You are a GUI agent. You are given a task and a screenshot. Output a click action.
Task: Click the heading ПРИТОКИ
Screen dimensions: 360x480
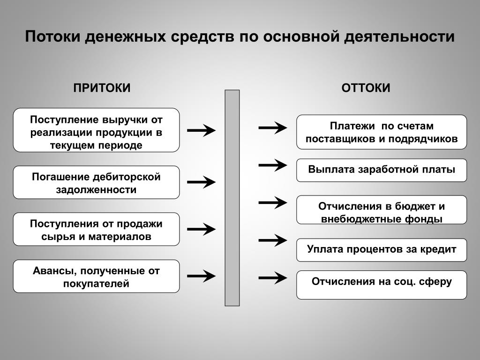pos(102,88)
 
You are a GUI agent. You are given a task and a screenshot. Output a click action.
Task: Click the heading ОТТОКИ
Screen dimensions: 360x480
pos(366,88)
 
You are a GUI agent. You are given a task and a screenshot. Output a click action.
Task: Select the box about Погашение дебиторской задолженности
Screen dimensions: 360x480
pos(96,182)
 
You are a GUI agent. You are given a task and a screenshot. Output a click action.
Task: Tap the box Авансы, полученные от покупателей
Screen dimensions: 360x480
pos(96,277)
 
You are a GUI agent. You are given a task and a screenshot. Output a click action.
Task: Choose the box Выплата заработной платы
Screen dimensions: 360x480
pos(382,170)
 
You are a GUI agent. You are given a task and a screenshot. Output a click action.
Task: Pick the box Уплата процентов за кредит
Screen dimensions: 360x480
pos(382,249)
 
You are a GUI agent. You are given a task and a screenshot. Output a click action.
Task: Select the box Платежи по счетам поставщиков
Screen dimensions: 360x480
pos(382,132)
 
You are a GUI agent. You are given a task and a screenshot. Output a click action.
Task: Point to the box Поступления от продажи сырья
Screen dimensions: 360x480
pos(96,229)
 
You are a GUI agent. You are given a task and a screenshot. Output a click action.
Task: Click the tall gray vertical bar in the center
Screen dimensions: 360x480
pos(232,197)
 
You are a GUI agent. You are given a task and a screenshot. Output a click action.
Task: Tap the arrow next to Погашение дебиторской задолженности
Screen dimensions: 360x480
pos(201,182)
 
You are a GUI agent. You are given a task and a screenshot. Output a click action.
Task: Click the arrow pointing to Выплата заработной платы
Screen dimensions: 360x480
pos(273,165)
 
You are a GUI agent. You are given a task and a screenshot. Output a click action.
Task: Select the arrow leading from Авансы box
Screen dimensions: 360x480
pos(201,276)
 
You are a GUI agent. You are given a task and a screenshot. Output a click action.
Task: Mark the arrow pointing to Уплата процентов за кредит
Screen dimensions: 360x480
pos(273,240)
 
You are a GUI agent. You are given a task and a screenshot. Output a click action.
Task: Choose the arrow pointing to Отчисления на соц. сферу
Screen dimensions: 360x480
pos(273,278)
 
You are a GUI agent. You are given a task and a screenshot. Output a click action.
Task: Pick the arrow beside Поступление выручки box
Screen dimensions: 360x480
pos(201,130)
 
